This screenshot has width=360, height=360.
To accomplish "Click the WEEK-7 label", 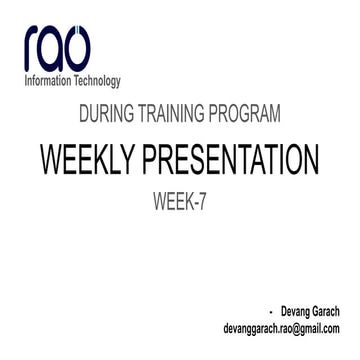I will coord(180,202).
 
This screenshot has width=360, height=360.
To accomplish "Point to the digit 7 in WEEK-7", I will coord(202,202).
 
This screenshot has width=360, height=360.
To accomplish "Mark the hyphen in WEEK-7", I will coord(194,203).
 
